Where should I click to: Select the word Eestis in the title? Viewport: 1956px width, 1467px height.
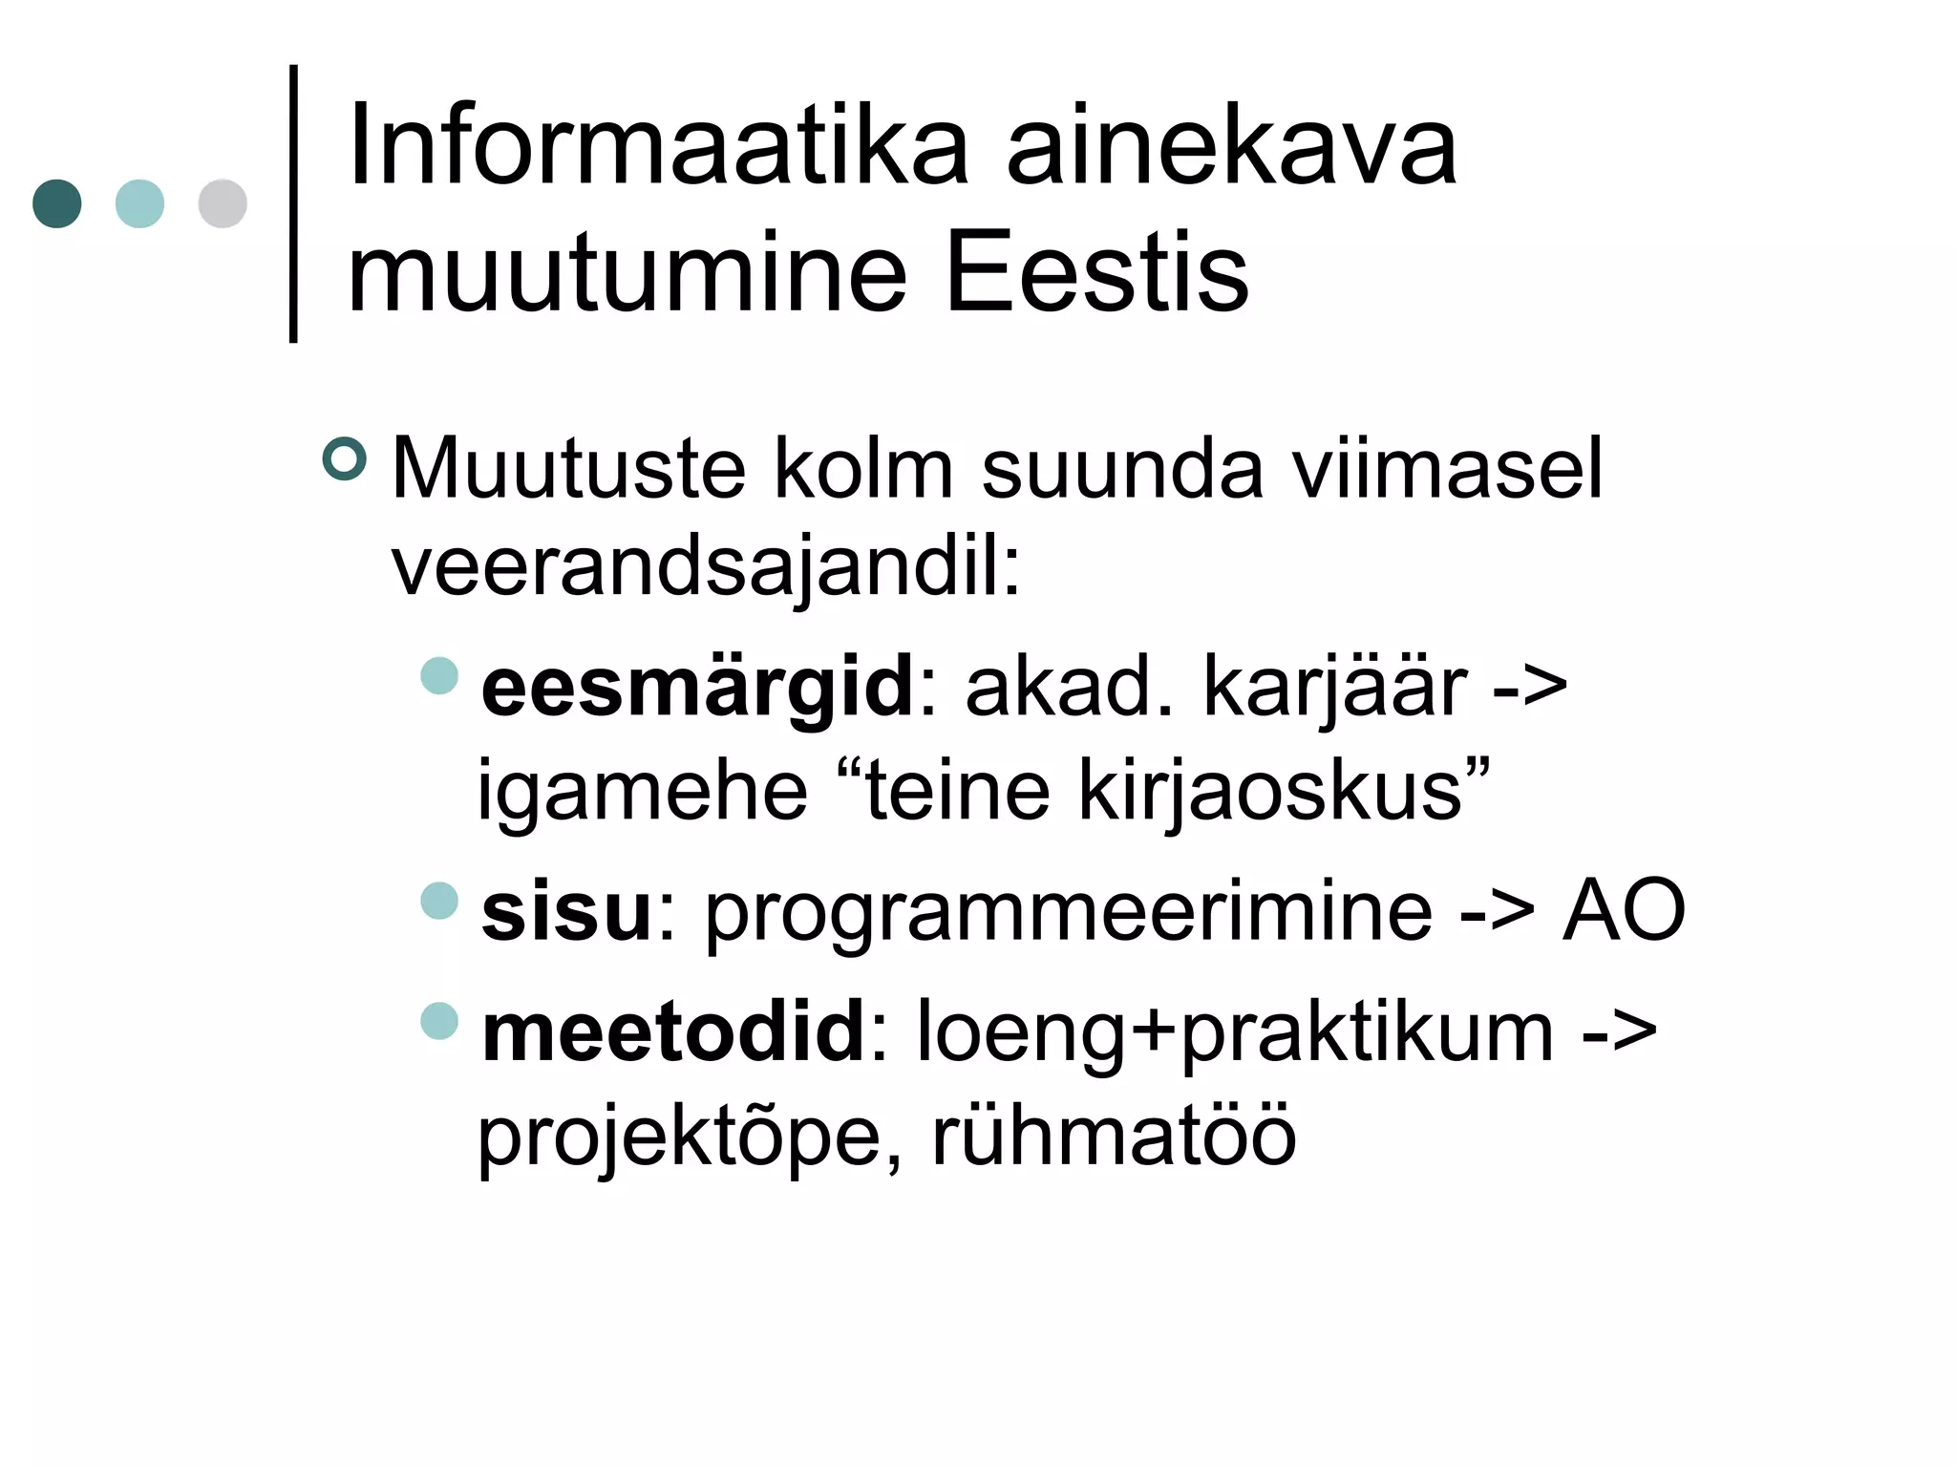tap(1095, 273)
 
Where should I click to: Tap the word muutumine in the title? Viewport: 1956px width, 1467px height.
tap(626, 273)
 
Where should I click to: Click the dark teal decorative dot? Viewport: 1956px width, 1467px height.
tap(57, 203)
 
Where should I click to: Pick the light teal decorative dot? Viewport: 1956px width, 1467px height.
tap(139, 203)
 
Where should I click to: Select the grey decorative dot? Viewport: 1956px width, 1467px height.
tap(223, 203)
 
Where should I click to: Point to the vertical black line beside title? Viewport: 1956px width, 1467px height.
tap(293, 203)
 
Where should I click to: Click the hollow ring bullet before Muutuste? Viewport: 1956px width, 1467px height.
tap(344, 459)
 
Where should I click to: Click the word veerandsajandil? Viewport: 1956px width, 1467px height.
tap(705, 568)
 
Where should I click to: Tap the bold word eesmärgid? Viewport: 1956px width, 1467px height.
tap(698, 688)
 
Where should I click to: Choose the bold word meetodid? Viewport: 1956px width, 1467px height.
tap(673, 1032)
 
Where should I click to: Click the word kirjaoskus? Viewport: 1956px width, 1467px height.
tap(1270, 791)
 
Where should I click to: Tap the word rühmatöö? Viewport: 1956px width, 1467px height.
tap(1114, 1136)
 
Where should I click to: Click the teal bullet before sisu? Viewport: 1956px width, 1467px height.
tap(439, 900)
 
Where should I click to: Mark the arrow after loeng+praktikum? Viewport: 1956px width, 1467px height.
tap(1620, 1032)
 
